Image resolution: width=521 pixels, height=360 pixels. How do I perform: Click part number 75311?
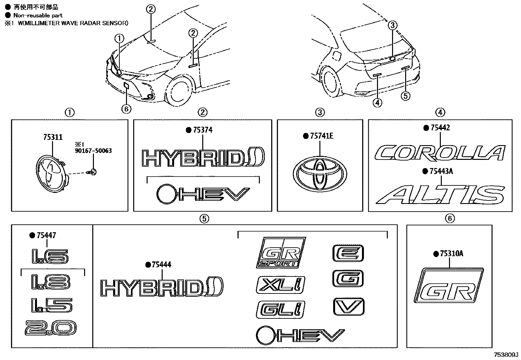[x=53, y=137]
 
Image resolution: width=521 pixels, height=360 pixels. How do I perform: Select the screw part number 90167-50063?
[x=93, y=151]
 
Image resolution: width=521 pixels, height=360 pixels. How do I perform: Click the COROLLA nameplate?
[x=440, y=153]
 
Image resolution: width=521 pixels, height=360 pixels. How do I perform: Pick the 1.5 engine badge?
[x=51, y=305]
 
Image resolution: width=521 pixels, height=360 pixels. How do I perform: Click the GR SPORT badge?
[x=281, y=252]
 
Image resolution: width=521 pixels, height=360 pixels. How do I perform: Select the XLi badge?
[x=281, y=285]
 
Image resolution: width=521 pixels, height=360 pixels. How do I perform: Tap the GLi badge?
[x=280, y=310]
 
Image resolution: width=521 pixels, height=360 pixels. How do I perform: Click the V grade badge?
[x=348, y=307]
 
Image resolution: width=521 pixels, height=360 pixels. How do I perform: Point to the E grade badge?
[x=348, y=253]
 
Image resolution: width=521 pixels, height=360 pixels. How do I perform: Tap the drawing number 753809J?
[x=506, y=355]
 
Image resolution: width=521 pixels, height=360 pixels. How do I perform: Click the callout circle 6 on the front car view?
[x=126, y=108]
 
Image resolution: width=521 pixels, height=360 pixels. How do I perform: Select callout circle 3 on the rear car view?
[x=393, y=25]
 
